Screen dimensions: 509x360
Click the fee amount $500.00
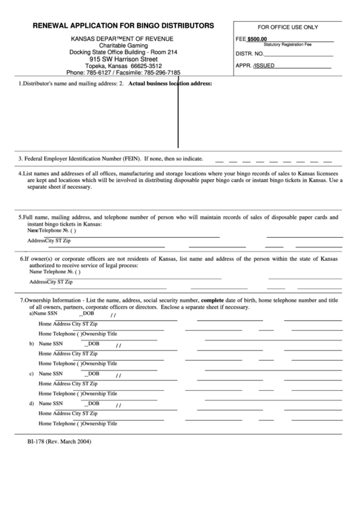click(x=257, y=39)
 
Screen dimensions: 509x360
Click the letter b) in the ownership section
click(x=31, y=344)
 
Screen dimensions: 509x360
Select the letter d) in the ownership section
click(x=31, y=404)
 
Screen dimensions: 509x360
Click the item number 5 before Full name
click(x=20, y=217)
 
